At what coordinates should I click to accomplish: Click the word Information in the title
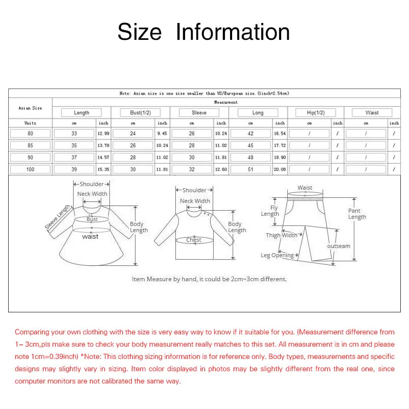pyautogui.click(x=233, y=32)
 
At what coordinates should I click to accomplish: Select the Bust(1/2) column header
pyautogui.click(x=140, y=112)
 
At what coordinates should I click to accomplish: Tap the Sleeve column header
pyautogui.click(x=199, y=112)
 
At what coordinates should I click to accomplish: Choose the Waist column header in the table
pyautogui.click(x=372, y=112)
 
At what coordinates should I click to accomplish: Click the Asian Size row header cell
pyautogui.click(x=31, y=108)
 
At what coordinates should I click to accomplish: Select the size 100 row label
pyautogui.click(x=31, y=169)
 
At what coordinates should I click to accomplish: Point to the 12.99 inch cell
pyautogui.click(x=104, y=133)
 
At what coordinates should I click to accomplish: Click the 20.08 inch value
pyautogui.click(x=280, y=169)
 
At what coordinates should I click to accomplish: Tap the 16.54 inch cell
pyautogui.click(x=280, y=133)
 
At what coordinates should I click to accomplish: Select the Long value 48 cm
pyautogui.click(x=251, y=157)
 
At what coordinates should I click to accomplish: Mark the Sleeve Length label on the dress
pyautogui.click(x=57, y=217)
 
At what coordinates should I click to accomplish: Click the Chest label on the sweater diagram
pyautogui.click(x=194, y=240)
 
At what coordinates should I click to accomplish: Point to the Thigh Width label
pyautogui.click(x=281, y=236)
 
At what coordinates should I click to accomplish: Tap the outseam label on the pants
pyautogui.click(x=339, y=246)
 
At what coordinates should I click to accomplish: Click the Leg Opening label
pyautogui.click(x=277, y=256)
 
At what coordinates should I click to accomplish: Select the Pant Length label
pyautogui.click(x=357, y=214)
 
